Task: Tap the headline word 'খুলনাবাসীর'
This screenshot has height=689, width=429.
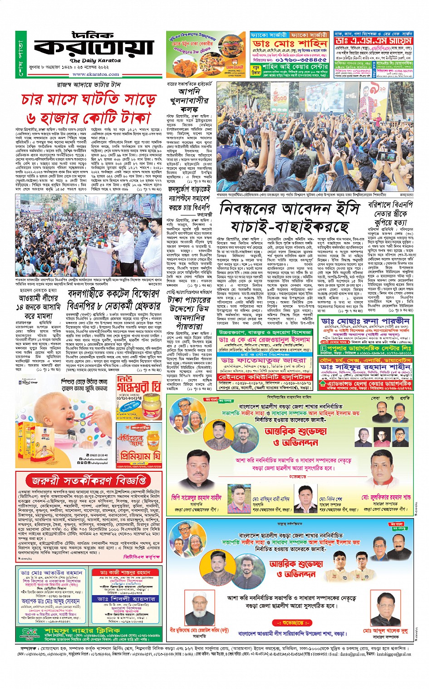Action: [x=189, y=100]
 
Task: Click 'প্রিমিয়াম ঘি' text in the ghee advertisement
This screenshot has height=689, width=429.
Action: [x=138, y=455]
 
